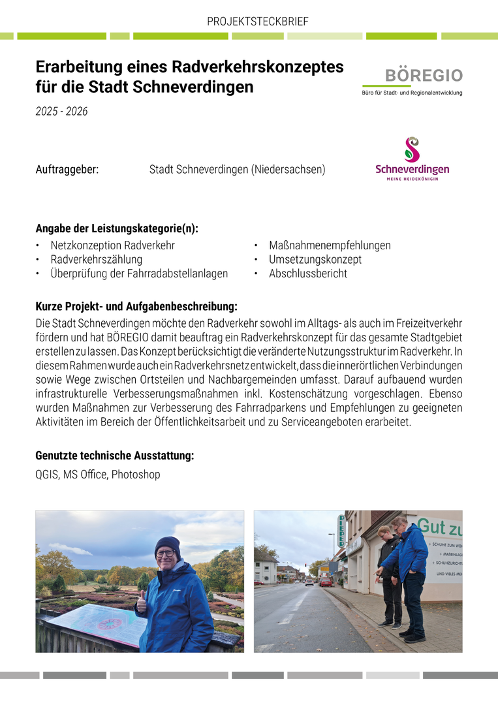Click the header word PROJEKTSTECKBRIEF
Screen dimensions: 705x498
click(257, 22)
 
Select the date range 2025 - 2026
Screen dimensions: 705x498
click(61, 112)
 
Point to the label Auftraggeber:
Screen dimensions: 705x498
click(67, 170)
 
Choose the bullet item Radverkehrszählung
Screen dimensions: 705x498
click(97, 259)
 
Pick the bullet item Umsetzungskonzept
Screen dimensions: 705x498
click(315, 259)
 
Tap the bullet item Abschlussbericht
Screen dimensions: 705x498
click(308, 274)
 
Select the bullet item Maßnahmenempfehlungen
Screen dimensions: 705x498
click(330, 245)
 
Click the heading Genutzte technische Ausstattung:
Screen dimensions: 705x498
click(114, 456)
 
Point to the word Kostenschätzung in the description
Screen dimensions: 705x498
click(347, 394)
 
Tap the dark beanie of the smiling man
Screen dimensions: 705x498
click(168, 544)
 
